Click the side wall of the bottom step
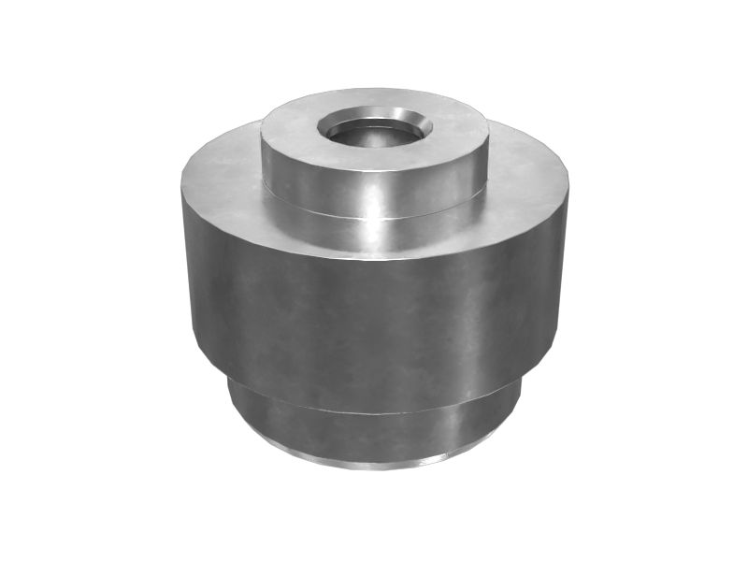[374, 425]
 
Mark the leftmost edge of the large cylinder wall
[183, 271]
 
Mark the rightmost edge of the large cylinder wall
[568, 271]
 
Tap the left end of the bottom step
[231, 402]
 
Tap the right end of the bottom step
[519, 402]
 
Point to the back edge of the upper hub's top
[374, 90]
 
